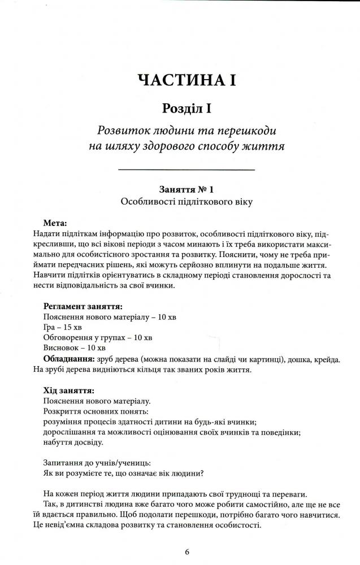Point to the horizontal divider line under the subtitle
pyautogui.click(x=186, y=169)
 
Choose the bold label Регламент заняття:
pyautogui.click(x=83, y=306)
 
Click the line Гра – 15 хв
pyautogui.click(x=63, y=328)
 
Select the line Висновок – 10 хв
pyautogui.click(x=75, y=349)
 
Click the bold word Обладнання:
pyautogui.click(x=68, y=359)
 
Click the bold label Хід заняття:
pyautogui.click(x=68, y=390)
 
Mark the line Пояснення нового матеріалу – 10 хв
pyautogui.click(x=110, y=317)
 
